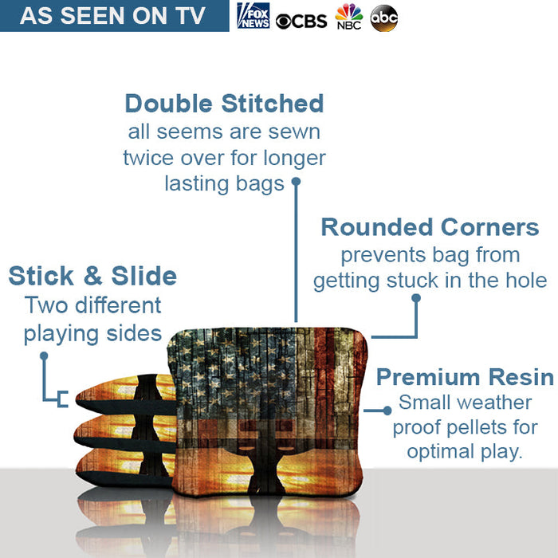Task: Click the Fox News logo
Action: [x=253, y=16]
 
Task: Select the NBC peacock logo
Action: [x=348, y=17]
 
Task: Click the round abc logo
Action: [x=383, y=18]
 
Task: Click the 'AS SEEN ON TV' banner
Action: [x=113, y=16]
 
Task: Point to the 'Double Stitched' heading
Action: [x=224, y=104]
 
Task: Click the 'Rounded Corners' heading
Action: [x=430, y=227]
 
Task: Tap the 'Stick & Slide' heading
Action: [x=92, y=277]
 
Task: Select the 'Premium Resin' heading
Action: [x=465, y=376]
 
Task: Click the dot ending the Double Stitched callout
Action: [x=296, y=181]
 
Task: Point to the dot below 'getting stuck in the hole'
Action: [x=415, y=298]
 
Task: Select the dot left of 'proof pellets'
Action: [x=387, y=411]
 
